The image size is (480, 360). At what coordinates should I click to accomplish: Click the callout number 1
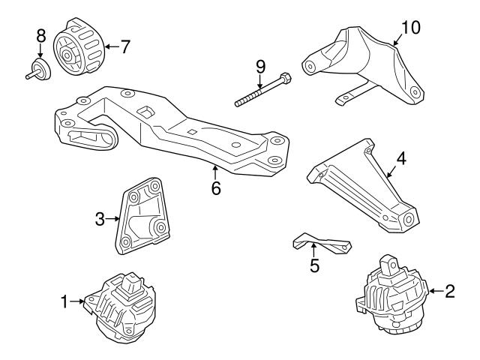(64, 301)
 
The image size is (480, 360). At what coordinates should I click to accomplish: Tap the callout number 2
(449, 290)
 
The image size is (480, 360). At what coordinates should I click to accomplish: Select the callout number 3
(100, 219)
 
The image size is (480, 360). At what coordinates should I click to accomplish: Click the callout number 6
(216, 188)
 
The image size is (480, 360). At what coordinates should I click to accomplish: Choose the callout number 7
(124, 46)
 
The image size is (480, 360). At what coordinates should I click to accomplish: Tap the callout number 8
(40, 34)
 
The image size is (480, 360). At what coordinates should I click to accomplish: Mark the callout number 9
(260, 65)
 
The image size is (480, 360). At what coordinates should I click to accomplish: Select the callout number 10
(411, 28)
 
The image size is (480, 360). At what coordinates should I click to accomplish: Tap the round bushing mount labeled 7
(78, 47)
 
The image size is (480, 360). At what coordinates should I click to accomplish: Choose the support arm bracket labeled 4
(360, 184)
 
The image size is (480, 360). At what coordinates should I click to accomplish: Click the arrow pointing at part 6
(216, 170)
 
